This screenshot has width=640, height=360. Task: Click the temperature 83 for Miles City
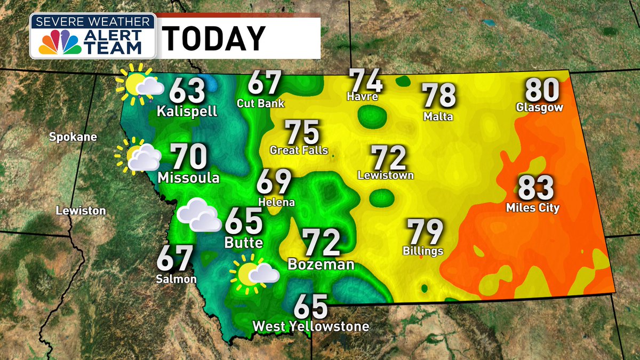[x=536, y=188]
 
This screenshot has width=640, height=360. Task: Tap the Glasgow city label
[x=540, y=108]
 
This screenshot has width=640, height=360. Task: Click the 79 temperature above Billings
[x=426, y=232]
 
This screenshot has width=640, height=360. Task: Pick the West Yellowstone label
[x=310, y=326]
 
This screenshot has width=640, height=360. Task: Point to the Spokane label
[x=73, y=137]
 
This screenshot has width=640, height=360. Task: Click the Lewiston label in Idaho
[x=81, y=211]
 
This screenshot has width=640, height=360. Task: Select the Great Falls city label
[x=299, y=150]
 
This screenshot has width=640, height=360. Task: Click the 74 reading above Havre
[x=366, y=81]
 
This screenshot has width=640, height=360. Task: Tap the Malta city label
[x=438, y=116]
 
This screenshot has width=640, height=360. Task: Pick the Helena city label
[x=276, y=203]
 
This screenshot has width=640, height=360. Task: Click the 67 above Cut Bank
[x=265, y=83]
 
